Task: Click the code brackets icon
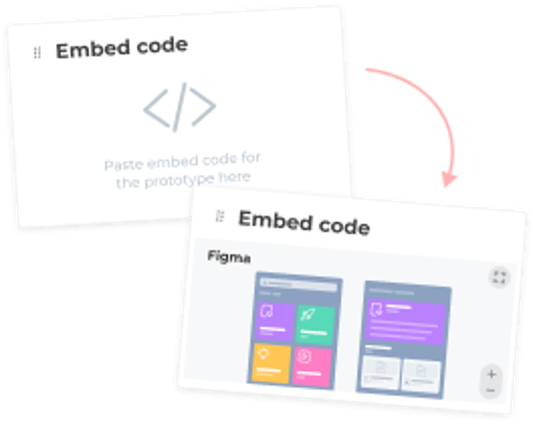pyautogui.click(x=180, y=107)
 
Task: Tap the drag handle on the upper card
pyautogui.click(x=37, y=53)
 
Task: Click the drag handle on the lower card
pyautogui.click(x=220, y=216)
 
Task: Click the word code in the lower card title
pyautogui.click(x=344, y=226)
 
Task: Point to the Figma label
pyautogui.click(x=229, y=257)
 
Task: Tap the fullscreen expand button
pyautogui.click(x=499, y=277)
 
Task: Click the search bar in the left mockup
pyautogui.click(x=299, y=284)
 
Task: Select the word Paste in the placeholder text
pyautogui.click(x=124, y=165)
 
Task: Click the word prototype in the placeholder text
pyautogui.click(x=179, y=181)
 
